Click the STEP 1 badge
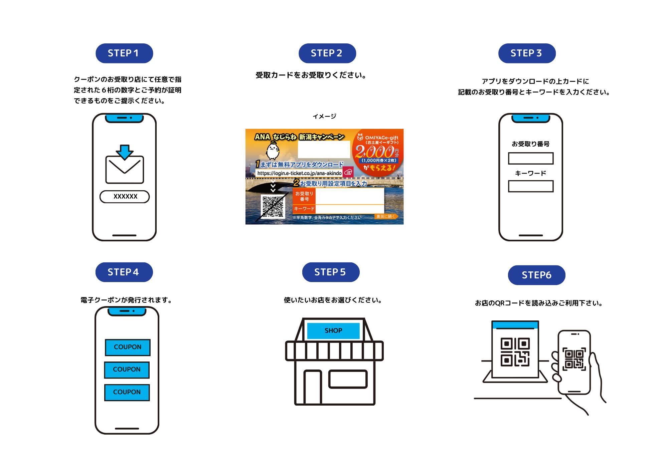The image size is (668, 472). [124, 53]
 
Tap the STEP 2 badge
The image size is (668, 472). [327, 53]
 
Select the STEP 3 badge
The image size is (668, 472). [527, 53]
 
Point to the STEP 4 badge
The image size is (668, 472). [124, 272]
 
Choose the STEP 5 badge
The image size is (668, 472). [331, 272]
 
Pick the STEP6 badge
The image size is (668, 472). [536, 275]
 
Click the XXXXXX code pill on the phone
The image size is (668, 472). [125, 197]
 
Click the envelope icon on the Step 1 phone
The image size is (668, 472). [125, 170]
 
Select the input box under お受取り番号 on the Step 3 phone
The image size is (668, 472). [531, 158]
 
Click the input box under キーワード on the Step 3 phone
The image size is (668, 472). [531, 186]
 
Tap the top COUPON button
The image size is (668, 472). [128, 347]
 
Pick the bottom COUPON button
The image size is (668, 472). [127, 392]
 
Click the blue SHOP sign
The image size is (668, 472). [333, 330]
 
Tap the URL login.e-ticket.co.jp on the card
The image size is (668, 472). [299, 173]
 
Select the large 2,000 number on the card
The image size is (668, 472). [374, 152]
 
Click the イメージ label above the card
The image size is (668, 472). [324, 116]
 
